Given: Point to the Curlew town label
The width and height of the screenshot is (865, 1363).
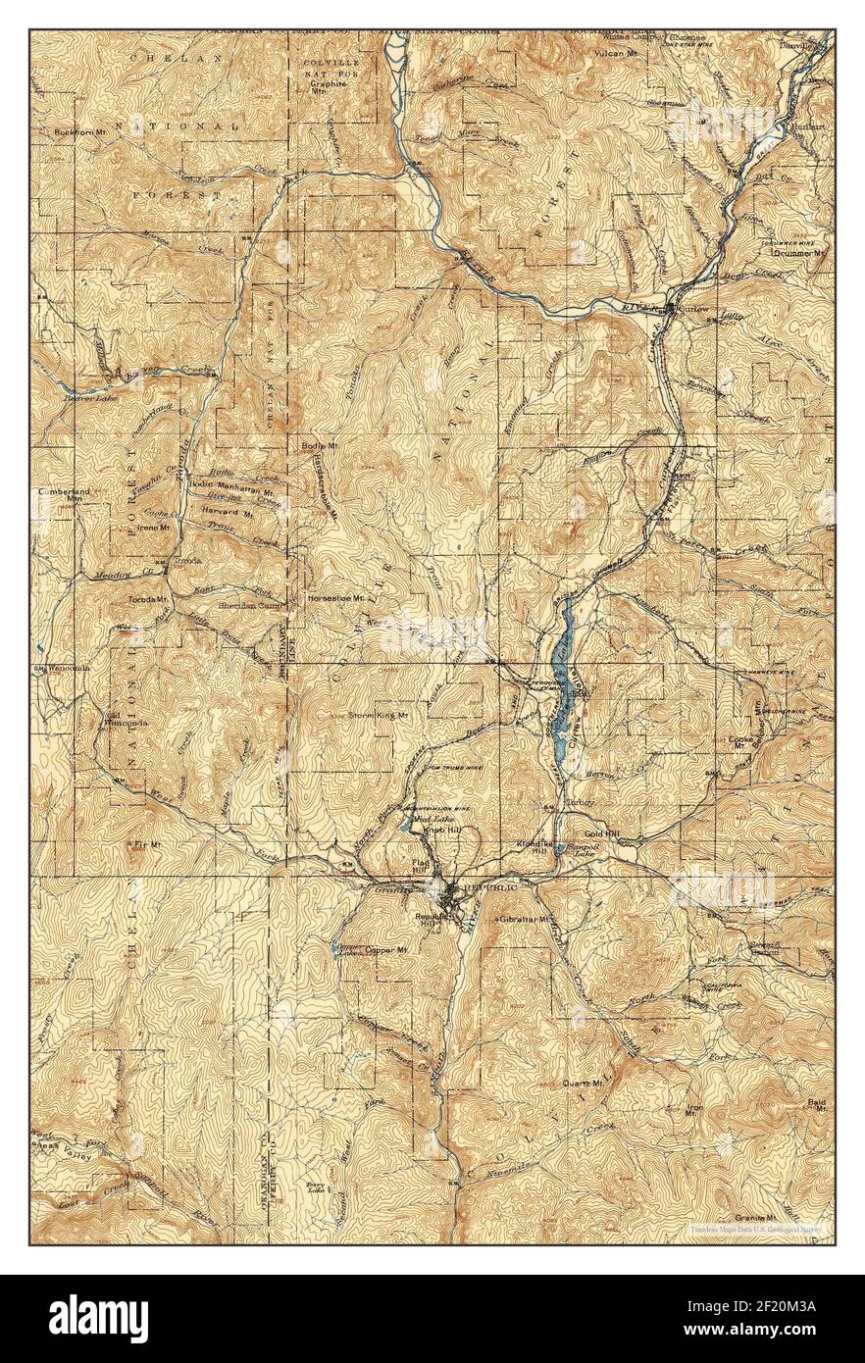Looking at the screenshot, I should point(692,309).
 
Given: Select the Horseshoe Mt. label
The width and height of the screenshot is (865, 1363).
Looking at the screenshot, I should point(336,596).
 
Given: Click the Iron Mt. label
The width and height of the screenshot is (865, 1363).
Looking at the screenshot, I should point(694,1111).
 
